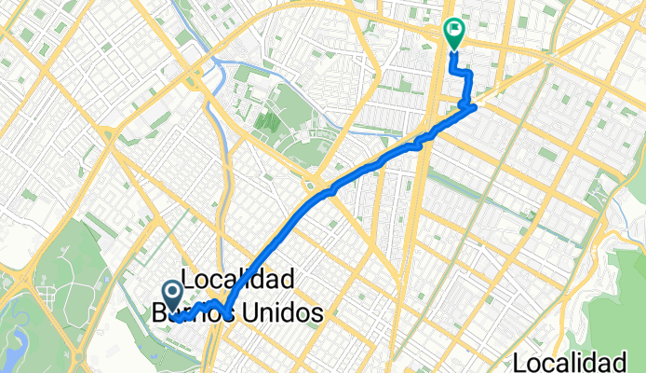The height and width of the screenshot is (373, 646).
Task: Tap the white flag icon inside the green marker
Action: [454, 32]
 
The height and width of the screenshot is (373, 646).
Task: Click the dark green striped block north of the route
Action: [268, 118]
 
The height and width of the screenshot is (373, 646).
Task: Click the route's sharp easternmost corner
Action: [476, 107]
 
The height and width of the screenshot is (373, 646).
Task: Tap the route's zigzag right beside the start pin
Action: [205, 308]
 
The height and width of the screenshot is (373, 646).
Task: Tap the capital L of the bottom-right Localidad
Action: [521, 362]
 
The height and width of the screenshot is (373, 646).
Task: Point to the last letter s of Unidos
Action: [316, 313]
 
